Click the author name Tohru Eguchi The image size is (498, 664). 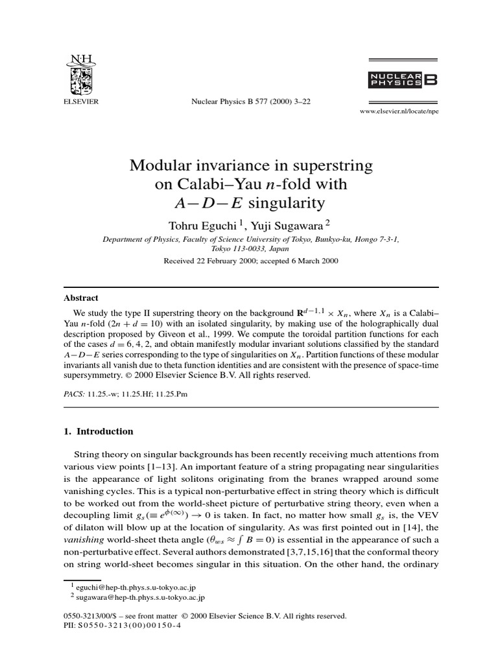[x=195, y=224]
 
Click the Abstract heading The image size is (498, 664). [x=81, y=298]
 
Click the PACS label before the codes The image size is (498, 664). [x=74, y=394]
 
